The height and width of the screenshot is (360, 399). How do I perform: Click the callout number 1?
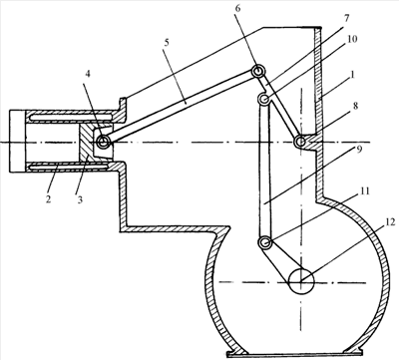coord(352,75)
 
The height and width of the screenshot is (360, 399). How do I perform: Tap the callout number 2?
coord(49,199)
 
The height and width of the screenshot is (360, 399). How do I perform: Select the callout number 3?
coord(80,199)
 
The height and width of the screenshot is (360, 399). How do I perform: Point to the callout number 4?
coord(88,74)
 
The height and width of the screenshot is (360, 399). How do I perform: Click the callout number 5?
coord(167,42)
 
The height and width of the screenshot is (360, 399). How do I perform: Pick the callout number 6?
coord(237,8)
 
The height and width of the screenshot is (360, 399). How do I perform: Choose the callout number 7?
coord(347,18)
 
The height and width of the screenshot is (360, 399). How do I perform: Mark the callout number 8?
coord(355,107)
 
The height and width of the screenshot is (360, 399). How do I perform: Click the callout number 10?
coord(351,39)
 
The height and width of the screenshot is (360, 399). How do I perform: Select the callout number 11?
coord(365,191)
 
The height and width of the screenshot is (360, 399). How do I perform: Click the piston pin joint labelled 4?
coord(103,143)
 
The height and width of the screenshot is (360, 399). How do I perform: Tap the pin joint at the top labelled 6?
coord(257,71)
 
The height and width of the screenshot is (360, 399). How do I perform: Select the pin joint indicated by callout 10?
coord(265,99)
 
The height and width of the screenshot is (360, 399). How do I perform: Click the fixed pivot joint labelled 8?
coord(300,143)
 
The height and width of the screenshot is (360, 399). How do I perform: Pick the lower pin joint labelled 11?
coord(265,242)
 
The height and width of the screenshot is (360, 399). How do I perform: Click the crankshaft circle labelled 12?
coord(301,282)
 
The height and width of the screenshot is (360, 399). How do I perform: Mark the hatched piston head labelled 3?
coord(86,143)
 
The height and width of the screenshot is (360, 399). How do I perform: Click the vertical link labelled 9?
coord(265,171)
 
